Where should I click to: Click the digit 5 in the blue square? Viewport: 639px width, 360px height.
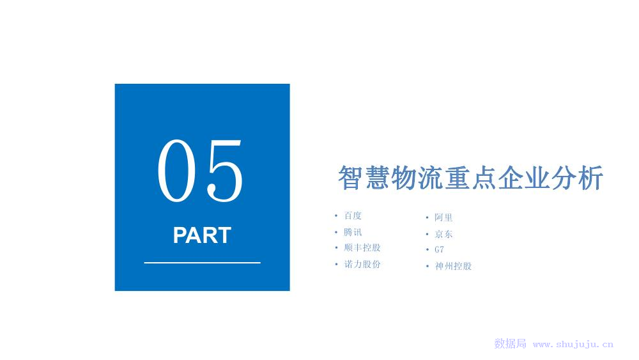click(225, 171)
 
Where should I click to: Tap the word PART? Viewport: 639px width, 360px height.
click(202, 235)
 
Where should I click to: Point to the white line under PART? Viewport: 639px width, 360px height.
click(202, 263)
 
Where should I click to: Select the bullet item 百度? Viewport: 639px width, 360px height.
click(353, 215)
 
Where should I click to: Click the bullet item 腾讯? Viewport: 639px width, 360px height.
click(353, 232)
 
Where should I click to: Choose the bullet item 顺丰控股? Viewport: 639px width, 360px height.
click(362, 247)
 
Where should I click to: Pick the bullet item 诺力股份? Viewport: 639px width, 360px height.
click(362, 264)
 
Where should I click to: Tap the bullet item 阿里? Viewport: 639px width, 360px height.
click(443, 217)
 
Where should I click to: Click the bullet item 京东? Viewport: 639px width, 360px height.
click(443, 234)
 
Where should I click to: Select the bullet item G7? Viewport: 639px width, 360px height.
click(440, 249)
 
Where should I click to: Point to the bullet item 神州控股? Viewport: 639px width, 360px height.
click(453, 266)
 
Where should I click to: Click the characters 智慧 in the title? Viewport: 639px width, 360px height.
click(364, 178)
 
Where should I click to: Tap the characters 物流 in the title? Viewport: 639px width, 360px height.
click(417, 178)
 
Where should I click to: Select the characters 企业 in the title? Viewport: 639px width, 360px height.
click(524, 178)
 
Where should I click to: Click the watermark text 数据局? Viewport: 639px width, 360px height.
click(510, 343)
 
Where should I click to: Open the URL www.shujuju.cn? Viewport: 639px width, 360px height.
click(573, 345)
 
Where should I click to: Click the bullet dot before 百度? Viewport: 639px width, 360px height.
click(336, 215)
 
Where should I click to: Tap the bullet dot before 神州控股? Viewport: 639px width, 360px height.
click(427, 266)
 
